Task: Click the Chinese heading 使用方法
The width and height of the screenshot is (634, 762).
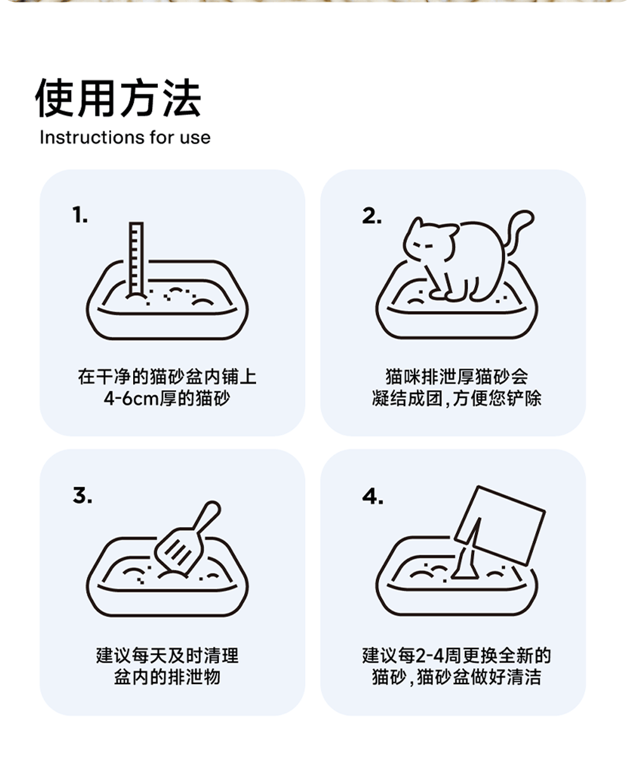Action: coord(118,98)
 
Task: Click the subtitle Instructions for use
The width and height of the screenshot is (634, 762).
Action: coord(125,137)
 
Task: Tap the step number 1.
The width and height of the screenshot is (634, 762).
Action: coord(80,215)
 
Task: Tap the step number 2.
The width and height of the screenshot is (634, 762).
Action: coord(372,216)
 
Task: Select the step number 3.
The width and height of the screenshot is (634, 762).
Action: coord(82,495)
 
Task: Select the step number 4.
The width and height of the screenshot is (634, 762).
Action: coord(373,497)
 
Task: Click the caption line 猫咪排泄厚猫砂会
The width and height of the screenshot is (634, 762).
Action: coord(457,377)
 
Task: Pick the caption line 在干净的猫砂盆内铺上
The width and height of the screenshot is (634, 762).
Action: coord(167,377)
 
